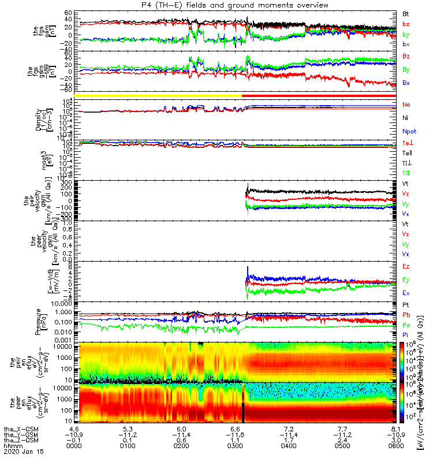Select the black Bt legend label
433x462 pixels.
point(406,13)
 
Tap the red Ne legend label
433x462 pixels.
point(406,105)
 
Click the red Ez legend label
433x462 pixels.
point(406,266)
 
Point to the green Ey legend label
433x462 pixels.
point(406,280)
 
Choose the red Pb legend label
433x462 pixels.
point(406,315)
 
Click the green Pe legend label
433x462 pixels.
point(406,325)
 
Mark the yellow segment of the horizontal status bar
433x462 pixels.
point(161,95)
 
